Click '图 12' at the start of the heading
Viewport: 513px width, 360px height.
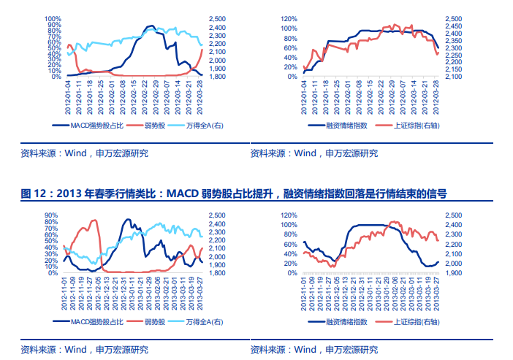pyautogui.click(x=32, y=194)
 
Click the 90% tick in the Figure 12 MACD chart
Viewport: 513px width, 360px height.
pyautogui.click(x=52, y=215)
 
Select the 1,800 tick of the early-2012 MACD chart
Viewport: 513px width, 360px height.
pyautogui.click(x=217, y=76)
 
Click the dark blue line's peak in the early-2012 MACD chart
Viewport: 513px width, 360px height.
pyautogui.click(x=151, y=26)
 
